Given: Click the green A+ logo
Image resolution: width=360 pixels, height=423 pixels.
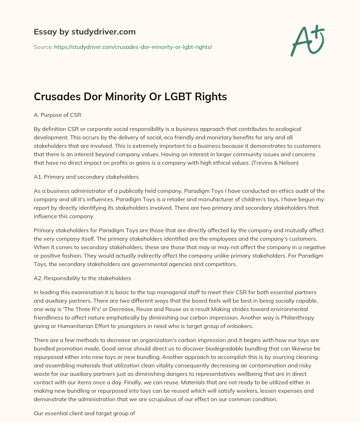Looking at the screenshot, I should (x=307, y=41).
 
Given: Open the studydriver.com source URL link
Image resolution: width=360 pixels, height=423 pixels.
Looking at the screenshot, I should (x=133, y=47).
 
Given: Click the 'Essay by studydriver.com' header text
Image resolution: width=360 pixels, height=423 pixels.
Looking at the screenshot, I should (x=85, y=32).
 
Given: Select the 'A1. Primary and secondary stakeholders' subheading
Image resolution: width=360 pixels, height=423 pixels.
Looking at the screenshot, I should (x=86, y=177).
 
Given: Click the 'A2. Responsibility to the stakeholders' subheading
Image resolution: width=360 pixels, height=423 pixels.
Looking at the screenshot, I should (x=82, y=278).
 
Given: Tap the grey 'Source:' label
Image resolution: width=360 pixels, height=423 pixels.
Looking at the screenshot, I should (x=43, y=47).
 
